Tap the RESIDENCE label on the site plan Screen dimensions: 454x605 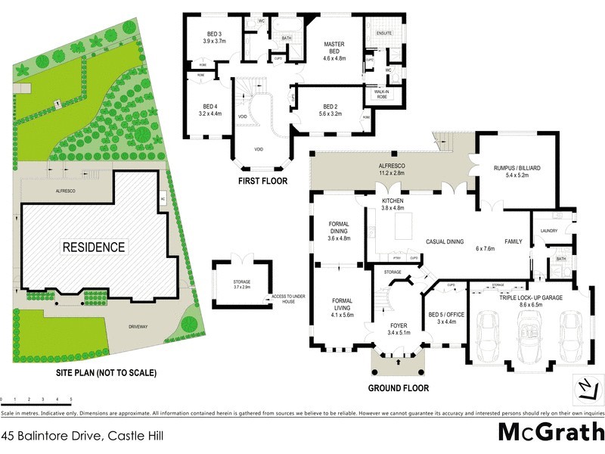coord(94,247)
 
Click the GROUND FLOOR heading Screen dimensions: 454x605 coord(398,388)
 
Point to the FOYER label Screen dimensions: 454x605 coord(397,328)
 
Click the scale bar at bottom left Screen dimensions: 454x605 coord(36,398)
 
